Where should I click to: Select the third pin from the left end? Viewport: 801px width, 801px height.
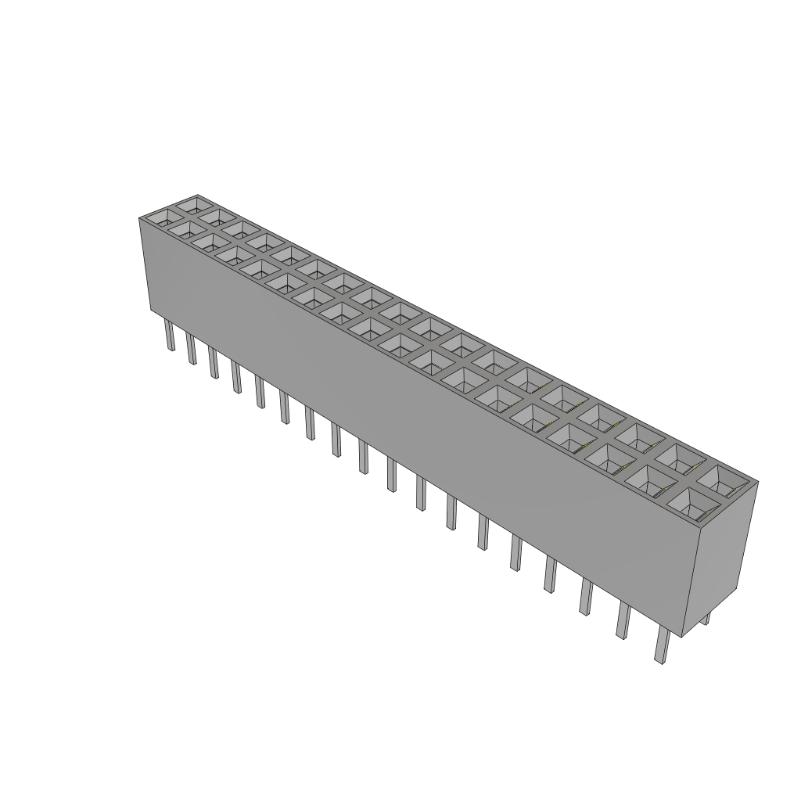[x=213, y=363]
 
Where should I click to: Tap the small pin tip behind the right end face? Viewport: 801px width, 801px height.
[x=706, y=619]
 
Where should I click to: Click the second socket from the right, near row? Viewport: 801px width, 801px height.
[x=648, y=482]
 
